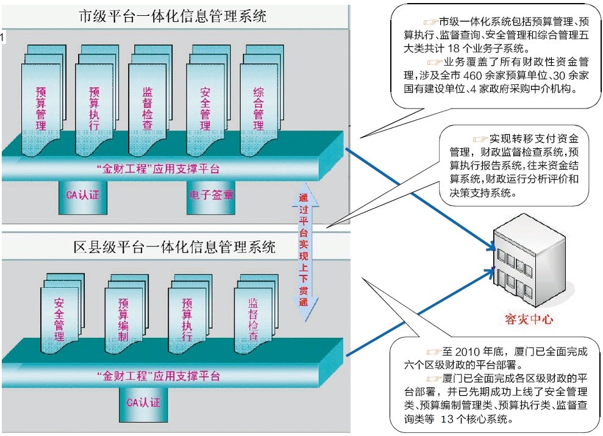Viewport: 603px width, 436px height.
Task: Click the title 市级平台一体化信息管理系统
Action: (173, 16)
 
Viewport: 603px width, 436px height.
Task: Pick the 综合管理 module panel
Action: (258, 104)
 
